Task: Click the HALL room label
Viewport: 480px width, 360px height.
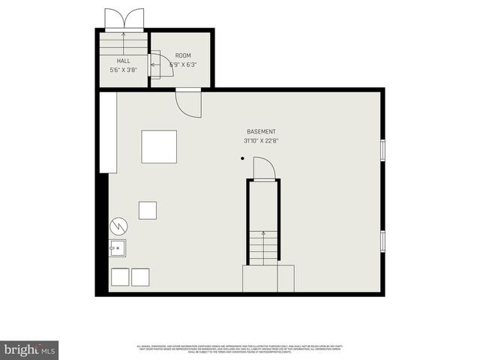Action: coord(123,60)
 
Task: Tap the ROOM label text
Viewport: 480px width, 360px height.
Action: coord(183,55)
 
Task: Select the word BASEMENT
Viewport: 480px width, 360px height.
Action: coord(261,131)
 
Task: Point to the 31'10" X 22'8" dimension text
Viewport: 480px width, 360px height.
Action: coord(261,140)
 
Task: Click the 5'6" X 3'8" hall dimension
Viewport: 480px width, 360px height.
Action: coord(123,70)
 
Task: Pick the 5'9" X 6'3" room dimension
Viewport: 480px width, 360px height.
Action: coord(183,65)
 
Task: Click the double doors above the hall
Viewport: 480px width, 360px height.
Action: coord(123,19)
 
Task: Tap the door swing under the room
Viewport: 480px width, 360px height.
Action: coord(188,102)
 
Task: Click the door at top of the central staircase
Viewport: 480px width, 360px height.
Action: coord(264,169)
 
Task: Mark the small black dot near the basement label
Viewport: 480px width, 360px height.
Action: coord(242,158)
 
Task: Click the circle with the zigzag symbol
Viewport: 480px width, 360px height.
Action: coord(118,225)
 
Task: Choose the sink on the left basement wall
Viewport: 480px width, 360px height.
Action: coord(118,248)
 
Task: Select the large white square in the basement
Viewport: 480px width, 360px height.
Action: coord(159,146)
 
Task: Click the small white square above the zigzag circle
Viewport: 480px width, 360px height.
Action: coord(148,210)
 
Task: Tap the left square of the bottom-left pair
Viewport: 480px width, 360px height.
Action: coord(120,277)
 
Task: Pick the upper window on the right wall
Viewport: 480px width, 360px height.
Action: coord(382,150)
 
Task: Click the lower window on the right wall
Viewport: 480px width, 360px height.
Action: coord(382,241)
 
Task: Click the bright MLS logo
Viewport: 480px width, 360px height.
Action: coord(30,349)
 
